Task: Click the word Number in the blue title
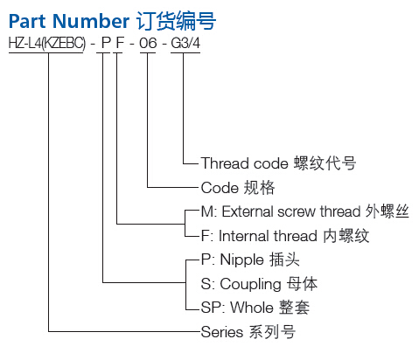click(x=91, y=21)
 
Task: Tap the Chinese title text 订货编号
click(x=177, y=21)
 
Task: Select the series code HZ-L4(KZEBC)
click(x=47, y=44)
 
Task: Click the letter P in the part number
click(x=106, y=44)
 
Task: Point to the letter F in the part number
click(x=120, y=44)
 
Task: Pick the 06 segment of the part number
click(x=148, y=44)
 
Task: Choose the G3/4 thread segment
click(x=185, y=44)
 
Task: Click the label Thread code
click(x=244, y=163)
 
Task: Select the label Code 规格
click(x=238, y=188)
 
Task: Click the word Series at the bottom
click(x=222, y=332)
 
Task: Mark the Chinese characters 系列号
click(x=272, y=332)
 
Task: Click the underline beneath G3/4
click(x=185, y=52)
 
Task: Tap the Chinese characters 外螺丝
click(x=387, y=211)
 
